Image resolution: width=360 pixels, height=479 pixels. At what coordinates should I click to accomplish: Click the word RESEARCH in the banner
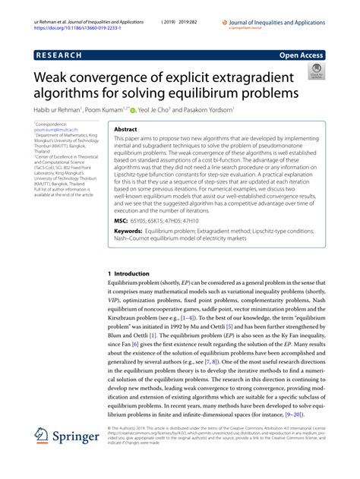pos(62,55)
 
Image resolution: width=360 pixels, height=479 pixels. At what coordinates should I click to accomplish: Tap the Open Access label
pos(302,55)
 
